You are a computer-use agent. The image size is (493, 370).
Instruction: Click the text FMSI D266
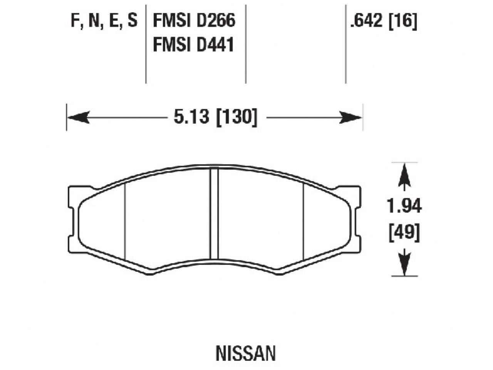click(x=194, y=20)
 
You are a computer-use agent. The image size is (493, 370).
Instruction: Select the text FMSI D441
click(x=194, y=45)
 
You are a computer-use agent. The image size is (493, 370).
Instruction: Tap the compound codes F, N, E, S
click(x=104, y=20)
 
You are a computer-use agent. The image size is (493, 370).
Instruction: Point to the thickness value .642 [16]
click(x=383, y=20)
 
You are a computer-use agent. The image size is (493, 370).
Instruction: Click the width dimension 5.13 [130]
click(x=215, y=117)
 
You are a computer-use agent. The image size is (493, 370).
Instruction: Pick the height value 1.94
click(x=404, y=206)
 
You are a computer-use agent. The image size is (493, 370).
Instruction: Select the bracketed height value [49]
click(x=404, y=232)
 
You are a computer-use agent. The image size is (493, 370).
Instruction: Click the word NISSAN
click(x=246, y=353)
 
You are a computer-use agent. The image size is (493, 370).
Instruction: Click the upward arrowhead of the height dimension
click(x=404, y=173)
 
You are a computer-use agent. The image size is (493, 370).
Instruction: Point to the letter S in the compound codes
click(x=132, y=20)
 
